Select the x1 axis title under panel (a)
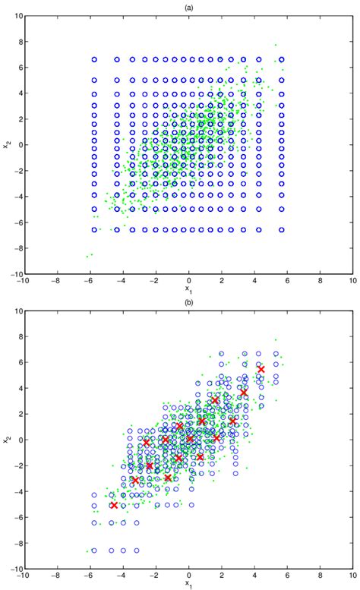pos(188,289)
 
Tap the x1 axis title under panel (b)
pos(188,584)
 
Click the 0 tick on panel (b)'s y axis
pos(18,440)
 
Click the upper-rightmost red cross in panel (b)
pos(261,369)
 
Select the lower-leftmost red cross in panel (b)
pos(114,505)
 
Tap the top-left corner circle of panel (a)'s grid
pos(95,59)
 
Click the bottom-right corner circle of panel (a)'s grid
pos(281,229)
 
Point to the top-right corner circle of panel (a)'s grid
pos(281,59)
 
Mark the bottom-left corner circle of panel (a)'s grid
pos(95,229)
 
